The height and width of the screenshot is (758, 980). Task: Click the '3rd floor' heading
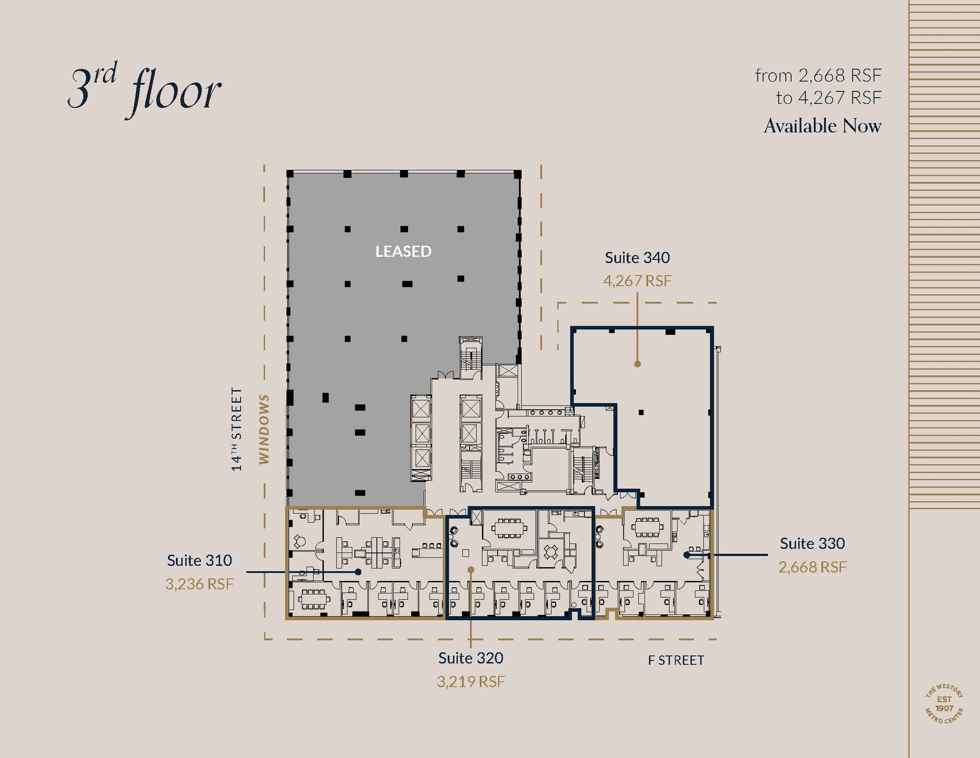(145, 91)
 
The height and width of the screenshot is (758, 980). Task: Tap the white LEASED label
(403, 251)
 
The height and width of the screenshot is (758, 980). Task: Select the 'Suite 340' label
(637, 258)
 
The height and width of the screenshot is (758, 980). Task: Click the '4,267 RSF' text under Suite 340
(637, 281)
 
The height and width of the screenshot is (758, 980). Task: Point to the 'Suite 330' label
(812, 543)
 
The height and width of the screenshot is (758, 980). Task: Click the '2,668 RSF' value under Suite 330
(812, 567)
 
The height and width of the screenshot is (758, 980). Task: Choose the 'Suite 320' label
(470, 658)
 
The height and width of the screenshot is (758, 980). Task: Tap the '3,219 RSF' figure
(470, 681)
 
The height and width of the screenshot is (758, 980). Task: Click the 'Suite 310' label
(199, 560)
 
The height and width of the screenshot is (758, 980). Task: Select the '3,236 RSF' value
(199, 584)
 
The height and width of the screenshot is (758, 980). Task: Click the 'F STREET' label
(676, 660)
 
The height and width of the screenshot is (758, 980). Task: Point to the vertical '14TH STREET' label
(236, 429)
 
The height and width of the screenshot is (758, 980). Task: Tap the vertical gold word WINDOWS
(264, 429)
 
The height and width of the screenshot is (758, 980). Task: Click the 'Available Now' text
(822, 126)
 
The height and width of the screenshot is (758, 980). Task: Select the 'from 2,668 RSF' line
(818, 76)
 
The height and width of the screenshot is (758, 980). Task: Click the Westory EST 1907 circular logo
(944, 704)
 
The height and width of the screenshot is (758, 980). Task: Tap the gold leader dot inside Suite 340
(637, 364)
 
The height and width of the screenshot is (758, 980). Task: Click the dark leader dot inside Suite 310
(358, 572)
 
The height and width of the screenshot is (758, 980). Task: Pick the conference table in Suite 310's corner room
(313, 599)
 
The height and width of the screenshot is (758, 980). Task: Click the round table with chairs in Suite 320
(551, 552)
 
